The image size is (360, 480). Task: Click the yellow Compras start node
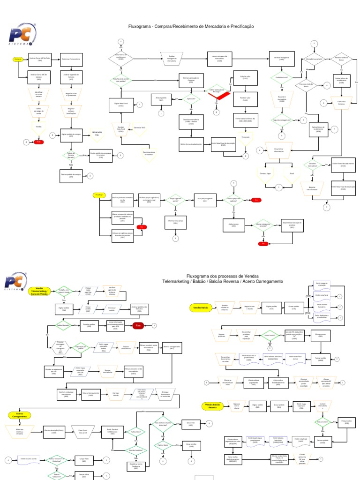[x=18, y=59]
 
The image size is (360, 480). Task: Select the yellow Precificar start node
[x=99, y=194]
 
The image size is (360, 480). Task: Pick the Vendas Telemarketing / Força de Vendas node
[x=38, y=291]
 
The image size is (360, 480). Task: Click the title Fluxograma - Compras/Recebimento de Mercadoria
[x=187, y=27]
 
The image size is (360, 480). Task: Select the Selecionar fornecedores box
[x=72, y=59]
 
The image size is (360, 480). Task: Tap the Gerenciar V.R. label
[x=97, y=133]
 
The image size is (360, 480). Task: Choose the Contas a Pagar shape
[x=266, y=173]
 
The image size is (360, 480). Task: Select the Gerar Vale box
[x=190, y=423]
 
